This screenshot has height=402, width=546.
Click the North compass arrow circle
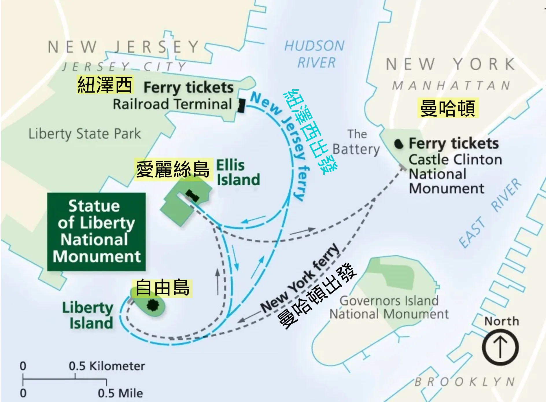[500, 347]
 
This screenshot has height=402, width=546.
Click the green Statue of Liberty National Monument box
[96, 231]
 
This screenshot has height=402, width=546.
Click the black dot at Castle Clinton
[399, 144]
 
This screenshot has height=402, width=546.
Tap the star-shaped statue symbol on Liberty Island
[152, 305]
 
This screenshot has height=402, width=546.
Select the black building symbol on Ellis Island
[192, 196]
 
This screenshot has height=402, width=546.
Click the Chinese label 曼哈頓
[447, 108]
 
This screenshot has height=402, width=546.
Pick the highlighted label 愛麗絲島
[173, 169]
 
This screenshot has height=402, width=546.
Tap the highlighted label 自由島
[162, 287]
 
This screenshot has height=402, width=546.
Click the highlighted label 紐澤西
[105, 84]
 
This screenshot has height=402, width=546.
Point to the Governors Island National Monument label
[389, 307]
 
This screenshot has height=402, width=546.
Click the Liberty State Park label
[84, 134]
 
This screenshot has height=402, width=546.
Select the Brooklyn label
[465, 382]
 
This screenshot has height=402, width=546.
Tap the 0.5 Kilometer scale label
[107, 366]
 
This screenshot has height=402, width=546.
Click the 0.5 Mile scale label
[120, 393]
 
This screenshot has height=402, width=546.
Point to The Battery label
[356, 142]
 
